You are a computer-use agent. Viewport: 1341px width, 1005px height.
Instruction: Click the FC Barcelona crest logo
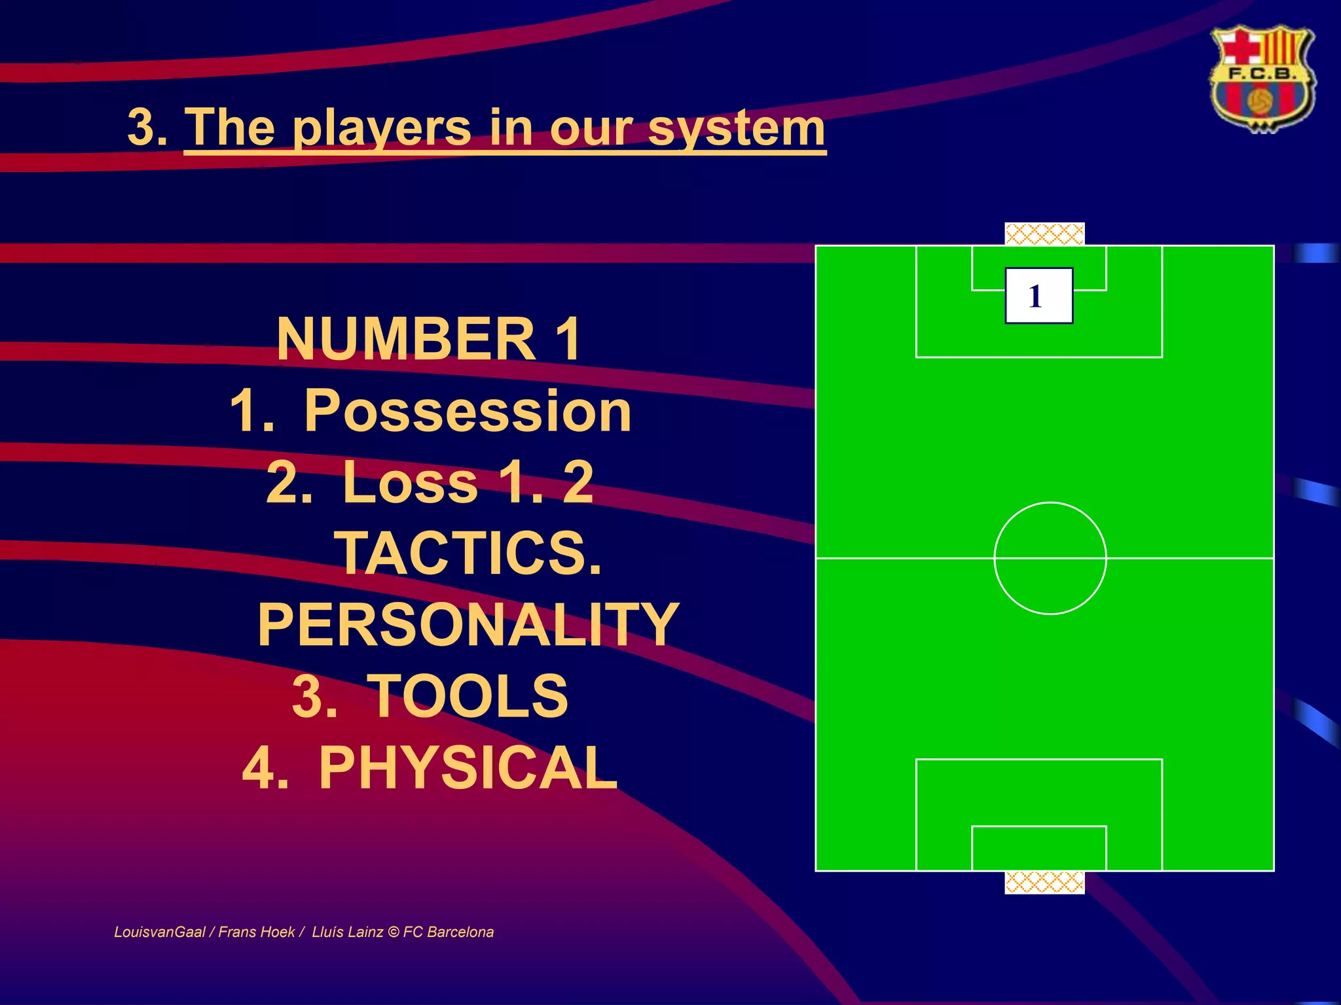point(1261,79)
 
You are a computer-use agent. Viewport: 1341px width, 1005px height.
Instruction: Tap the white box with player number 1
point(1038,296)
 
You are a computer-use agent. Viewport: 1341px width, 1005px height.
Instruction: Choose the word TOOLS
point(468,696)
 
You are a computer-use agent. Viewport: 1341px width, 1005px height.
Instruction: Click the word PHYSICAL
point(468,767)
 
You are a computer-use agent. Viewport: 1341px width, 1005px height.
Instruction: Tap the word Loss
point(410,482)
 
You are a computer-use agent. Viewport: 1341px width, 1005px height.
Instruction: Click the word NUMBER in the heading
point(406,339)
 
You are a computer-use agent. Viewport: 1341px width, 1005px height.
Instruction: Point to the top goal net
point(1044,234)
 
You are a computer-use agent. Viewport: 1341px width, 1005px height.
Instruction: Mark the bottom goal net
point(1044,883)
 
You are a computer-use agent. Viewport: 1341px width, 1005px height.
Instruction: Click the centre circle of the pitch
point(1050,558)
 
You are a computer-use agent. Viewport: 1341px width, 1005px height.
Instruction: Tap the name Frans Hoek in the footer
point(256,932)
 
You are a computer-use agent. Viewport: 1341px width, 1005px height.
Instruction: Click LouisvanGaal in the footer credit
point(160,932)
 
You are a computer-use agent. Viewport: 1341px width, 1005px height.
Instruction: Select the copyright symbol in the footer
point(393,932)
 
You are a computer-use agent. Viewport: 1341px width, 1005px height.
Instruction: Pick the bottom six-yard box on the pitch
point(1038,849)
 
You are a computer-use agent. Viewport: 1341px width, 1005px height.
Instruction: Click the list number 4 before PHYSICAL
point(265,767)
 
